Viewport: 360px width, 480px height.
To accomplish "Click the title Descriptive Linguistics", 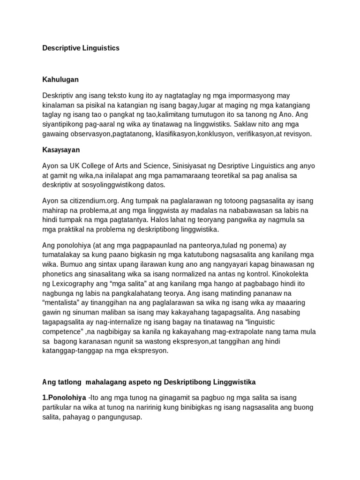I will [81, 48].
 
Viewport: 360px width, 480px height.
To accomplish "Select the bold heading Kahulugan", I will [60, 80].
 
